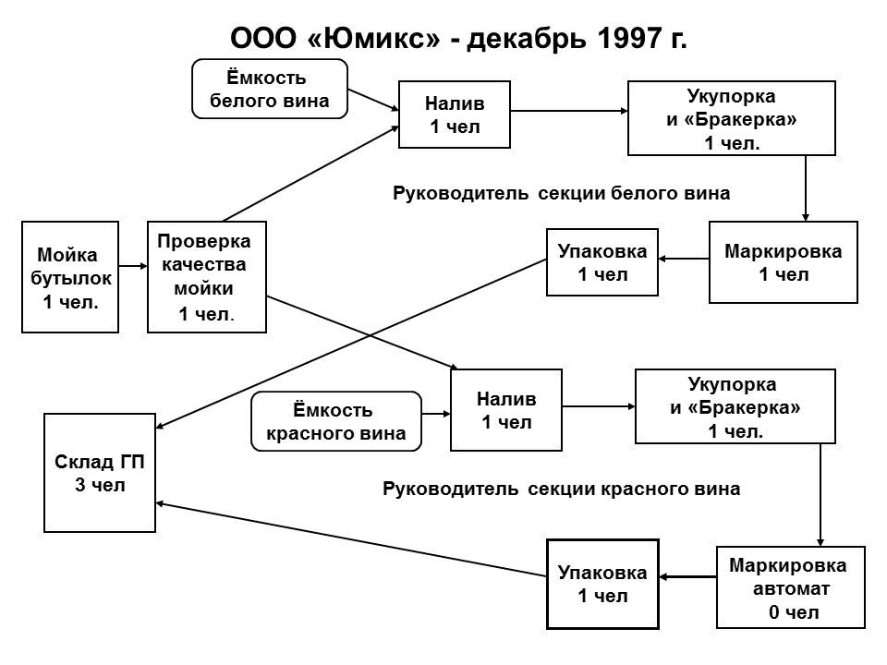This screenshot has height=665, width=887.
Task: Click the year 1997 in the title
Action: (629, 39)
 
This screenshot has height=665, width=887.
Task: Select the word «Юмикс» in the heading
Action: (374, 39)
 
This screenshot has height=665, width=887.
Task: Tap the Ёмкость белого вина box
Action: (269, 89)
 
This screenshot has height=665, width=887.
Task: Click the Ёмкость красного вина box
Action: (336, 421)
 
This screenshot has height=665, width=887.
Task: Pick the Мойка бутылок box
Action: (70, 276)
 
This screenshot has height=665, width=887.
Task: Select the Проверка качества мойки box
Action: (206, 276)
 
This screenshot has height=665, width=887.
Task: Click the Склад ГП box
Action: (100, 473)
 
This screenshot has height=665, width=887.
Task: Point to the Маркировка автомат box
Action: (790, 587)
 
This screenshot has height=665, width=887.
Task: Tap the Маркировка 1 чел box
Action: (783, 261)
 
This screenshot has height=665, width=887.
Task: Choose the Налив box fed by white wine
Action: (455, 115)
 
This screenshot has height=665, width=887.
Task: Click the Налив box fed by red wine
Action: (505, 410)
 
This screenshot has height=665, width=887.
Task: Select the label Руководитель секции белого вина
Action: (561, 193)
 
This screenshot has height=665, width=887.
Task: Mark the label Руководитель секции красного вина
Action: (561, 489)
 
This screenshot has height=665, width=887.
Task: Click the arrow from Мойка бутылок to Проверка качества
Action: (133, 266)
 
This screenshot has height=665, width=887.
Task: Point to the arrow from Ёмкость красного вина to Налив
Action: (436, 414)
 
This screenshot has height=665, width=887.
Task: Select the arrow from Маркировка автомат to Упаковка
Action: (687, 576)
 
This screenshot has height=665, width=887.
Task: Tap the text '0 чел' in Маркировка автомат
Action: (793, 611)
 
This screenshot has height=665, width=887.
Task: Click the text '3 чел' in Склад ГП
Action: (100, 485)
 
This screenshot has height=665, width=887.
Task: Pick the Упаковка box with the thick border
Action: (602, 584)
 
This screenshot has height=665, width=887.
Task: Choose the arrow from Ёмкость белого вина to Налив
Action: (373, 100)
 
